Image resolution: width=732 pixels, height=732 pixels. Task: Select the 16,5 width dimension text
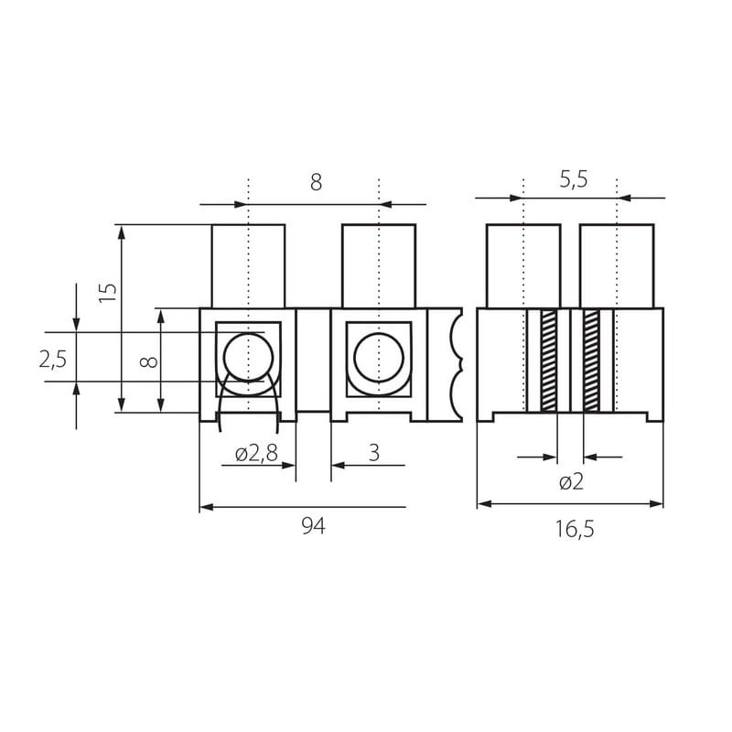click(575, 530)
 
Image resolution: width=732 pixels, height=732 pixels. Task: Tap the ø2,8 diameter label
click(256, 453)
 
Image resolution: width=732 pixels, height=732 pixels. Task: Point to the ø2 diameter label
click(571, 482)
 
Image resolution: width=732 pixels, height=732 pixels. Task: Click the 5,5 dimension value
click(574, 179)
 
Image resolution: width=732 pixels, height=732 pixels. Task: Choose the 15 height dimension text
click(108, 292)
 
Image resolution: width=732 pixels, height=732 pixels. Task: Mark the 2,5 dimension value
click(53, 360)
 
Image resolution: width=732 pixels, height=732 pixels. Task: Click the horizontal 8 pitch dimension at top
click(316, 182)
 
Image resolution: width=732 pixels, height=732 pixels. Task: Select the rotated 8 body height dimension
click(149, 361)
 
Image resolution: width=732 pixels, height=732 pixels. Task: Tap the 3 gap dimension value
click(374, 453)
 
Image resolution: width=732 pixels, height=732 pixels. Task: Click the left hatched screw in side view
click(548, 361)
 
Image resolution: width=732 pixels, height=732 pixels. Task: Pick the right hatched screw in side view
click(591, 361)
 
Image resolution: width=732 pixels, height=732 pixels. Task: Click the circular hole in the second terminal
click(379, 358)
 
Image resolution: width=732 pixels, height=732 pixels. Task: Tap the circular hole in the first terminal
click(248, 358)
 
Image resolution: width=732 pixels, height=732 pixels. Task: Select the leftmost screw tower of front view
click(248, 266)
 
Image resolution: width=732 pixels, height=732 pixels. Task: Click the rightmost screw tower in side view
click(617, 266)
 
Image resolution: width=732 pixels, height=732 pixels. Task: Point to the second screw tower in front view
click(379, 266)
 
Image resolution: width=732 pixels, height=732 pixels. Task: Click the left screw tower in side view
click(523, 266)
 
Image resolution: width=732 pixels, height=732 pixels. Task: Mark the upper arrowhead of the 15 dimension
click(122, 232)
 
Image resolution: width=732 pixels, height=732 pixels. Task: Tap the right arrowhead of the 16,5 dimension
click(656, 504)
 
